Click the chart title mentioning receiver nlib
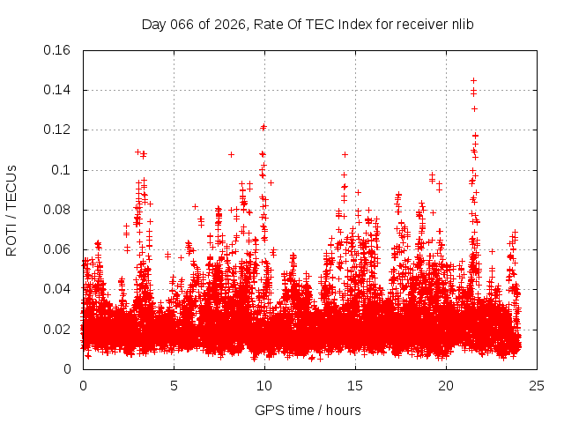point(308,24)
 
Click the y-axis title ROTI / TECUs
point(11,210)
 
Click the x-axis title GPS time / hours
point(308,410)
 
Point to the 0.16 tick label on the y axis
point(58,50)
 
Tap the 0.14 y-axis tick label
point(58,90)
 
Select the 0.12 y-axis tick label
point(58,130)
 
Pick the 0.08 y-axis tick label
point(58,210)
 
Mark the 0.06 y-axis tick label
point(58,249)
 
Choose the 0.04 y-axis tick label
point(58,289)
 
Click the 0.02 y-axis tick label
point(58,330)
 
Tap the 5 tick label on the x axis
point(174,385)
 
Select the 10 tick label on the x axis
point(264,385)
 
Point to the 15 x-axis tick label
point(355,385)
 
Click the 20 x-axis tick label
point(446,385)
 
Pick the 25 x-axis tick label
point(537,385)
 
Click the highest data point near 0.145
point(473,81)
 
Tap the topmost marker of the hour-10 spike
point(263,127)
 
